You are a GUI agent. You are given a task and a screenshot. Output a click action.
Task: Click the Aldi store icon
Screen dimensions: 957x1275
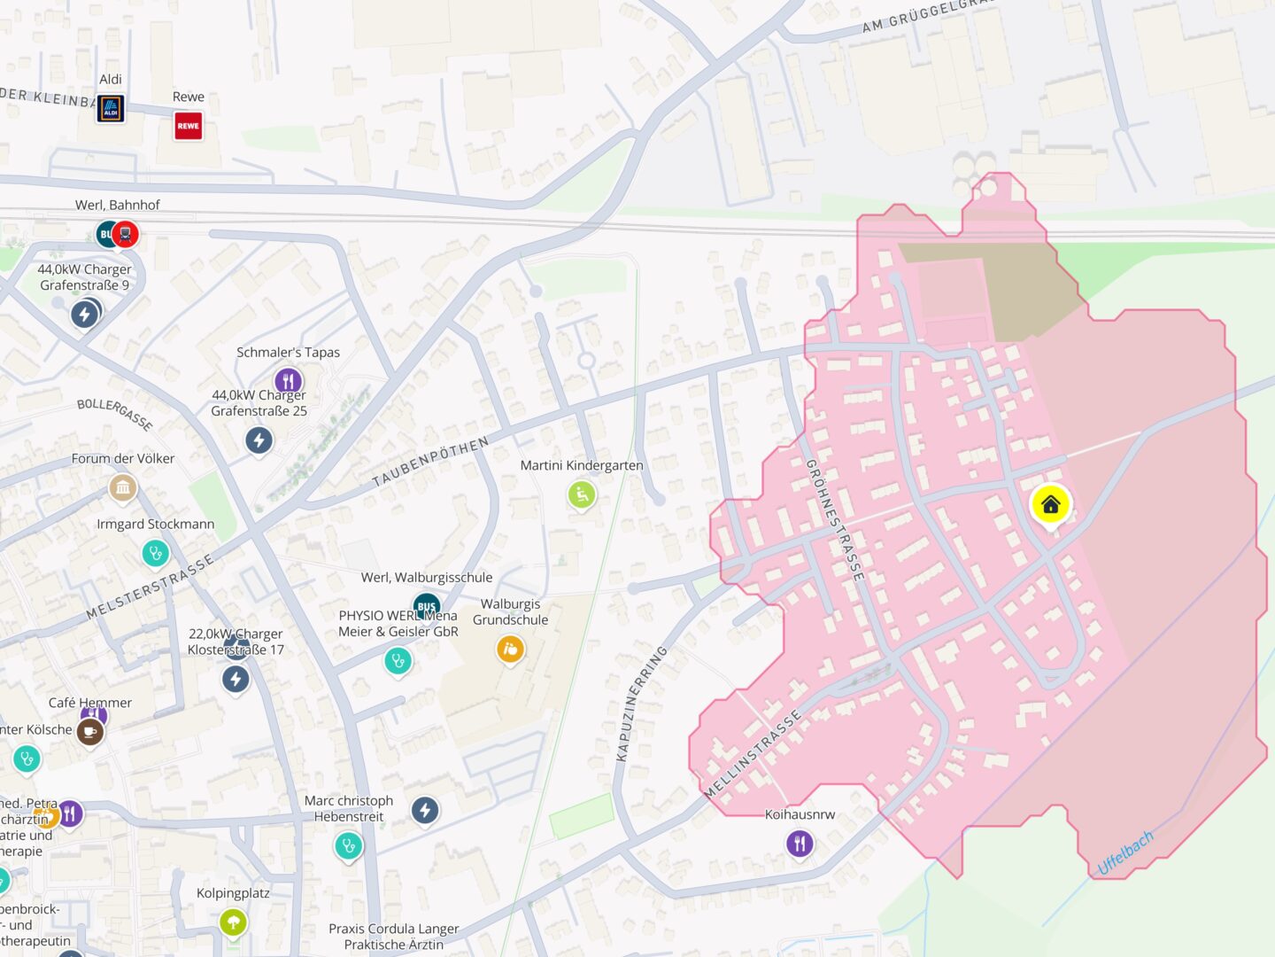(x=111, y=108)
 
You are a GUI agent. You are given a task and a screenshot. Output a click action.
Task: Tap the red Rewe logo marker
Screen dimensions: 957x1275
(x=189, y=126)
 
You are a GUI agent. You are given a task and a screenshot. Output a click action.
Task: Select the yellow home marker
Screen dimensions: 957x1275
(x=1051, y=505)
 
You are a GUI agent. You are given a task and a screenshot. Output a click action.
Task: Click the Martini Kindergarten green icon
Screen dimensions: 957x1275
(x=581, y=494)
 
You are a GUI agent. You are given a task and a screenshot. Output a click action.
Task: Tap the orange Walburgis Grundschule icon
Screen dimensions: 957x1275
(x=510, y=649)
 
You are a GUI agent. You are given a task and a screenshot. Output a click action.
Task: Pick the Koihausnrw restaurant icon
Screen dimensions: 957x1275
(x=800, y=843)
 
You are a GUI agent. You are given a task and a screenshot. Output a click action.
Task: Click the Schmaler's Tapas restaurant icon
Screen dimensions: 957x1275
(x=288, y=381)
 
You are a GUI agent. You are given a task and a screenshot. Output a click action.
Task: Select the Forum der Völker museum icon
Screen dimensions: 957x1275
(x=123, y=486)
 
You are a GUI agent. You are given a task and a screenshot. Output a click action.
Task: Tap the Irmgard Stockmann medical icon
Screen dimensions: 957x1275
(x=156, y=554)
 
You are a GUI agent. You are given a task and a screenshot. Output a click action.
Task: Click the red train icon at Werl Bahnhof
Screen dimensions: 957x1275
(x=126, y=235)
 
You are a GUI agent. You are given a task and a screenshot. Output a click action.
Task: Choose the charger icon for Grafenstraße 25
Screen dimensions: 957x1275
(x=259, y=440)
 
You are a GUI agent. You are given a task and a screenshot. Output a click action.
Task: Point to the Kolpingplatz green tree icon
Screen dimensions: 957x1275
(x=233, y=922)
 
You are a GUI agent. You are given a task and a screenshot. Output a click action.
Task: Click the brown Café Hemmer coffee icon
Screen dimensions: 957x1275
(x=89, y=732)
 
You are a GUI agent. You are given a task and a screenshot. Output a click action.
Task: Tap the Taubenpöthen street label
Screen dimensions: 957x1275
(x=430, y=462)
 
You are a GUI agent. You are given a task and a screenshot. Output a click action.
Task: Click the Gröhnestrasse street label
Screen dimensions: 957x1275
(x=834, y=520)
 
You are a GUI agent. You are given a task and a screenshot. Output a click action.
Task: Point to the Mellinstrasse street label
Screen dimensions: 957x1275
(x=753, y=754)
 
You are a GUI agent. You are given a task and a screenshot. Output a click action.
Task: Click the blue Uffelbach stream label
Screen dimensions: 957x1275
(x=1125, y=852)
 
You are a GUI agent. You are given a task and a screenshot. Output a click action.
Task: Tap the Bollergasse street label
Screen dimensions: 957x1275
(x=115, y=414)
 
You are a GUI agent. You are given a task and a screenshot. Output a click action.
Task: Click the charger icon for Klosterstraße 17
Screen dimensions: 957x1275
(x=236, y=679)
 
